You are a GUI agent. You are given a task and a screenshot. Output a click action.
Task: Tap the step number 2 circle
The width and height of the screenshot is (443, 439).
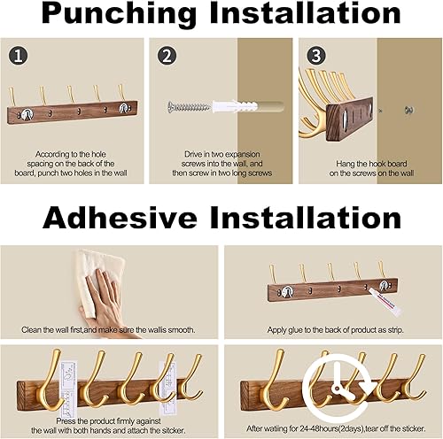pos(165,56)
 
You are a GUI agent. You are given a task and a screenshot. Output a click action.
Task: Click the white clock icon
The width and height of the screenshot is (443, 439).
pos(331,386)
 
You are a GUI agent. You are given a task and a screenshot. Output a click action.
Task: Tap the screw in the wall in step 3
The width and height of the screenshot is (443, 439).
pos(409,111)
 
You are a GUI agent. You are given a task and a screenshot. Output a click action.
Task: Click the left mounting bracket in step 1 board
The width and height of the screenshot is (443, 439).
pos(30,111)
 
